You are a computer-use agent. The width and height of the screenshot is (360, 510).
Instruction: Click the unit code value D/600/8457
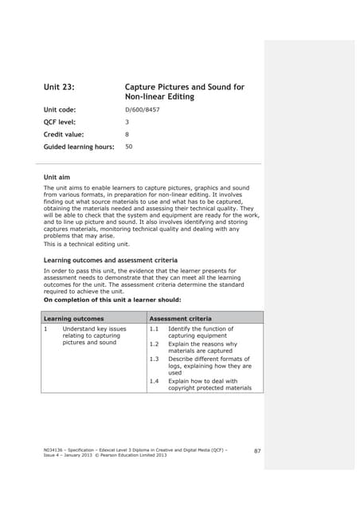coord(143,108)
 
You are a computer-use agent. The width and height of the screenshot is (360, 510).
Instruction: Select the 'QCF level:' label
coord(62,121)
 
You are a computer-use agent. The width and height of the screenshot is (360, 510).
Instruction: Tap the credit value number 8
coord(127,134)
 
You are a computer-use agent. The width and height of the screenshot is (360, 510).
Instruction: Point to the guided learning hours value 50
coord(129,147)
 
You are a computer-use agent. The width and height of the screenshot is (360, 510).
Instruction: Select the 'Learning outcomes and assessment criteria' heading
coord(110,261)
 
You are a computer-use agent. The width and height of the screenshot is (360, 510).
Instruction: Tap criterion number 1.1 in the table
coord(155,328)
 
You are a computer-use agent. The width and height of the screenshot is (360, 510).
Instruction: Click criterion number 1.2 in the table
coord(155,343)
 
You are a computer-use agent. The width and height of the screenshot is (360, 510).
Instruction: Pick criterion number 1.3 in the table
coord(155,359)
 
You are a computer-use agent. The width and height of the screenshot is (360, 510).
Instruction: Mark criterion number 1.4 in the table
coord(155,381)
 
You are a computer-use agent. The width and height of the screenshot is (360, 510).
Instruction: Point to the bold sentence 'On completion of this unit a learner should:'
coord(112,300)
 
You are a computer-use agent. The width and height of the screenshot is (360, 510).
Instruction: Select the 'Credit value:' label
coord(64,134)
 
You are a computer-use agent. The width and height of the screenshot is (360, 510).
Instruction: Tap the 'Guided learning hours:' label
coord(79,147)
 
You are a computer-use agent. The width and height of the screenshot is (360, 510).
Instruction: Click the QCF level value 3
coord(127,121)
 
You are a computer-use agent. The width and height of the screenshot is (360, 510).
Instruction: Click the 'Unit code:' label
coord(61,108)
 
